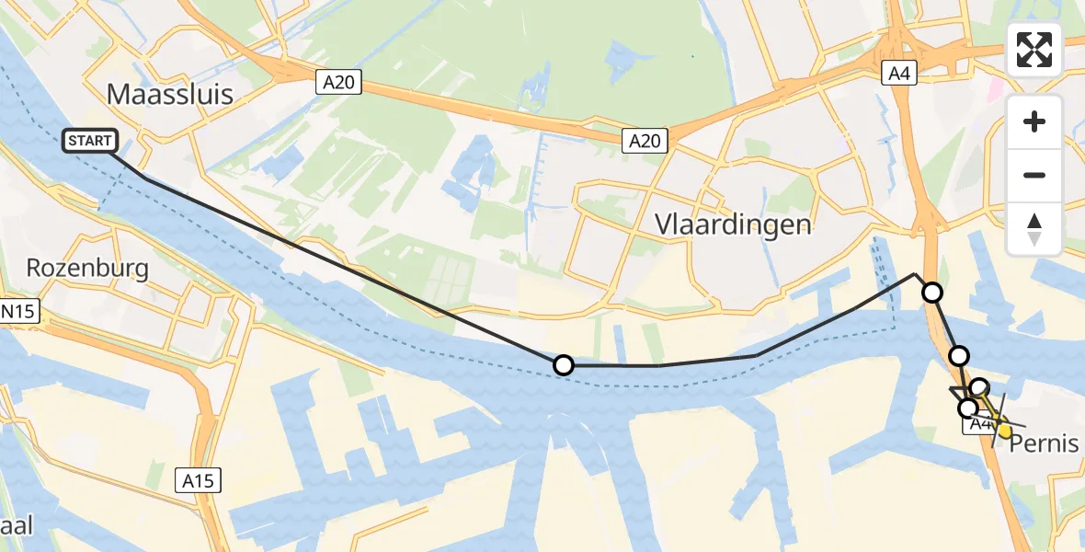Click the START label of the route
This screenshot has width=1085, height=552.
[x=90, y=141]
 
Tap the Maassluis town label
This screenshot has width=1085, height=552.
[x=170, y=94]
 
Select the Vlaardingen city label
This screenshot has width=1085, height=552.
[x=733, y=224]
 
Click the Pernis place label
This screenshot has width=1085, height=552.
[x=1044, y=443]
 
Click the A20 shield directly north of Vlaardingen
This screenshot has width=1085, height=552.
[x=644, y=140]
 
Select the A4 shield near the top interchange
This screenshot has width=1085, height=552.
[x=898, y=74]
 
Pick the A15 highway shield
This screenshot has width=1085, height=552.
[x=198, y=479]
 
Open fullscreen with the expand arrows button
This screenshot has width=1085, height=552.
[x=1034, y=50]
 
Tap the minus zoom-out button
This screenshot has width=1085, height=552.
[x=1034, y=175]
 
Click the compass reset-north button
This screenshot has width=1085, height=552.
[x=1034, y=228]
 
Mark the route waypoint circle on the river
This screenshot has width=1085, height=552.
[x=564, y=365]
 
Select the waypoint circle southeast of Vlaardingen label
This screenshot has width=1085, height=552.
[x=932, y=293]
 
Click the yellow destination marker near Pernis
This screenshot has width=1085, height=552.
[x=1005, y=430]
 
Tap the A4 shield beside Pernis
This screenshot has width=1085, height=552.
[x=978, y=425]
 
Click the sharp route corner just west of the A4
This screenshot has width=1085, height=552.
[x=915, y=274]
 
